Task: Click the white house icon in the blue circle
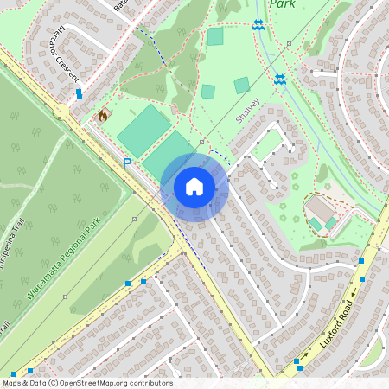pyautogui.click(x=194, y=187)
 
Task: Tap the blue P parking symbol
pyautogui.click(x=127, y=163)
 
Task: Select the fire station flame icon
pyautogui.click(x=103, y=114)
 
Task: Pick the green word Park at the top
pyautogui.click(x=283, y=4)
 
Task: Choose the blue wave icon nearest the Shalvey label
pyautogui.click(x=279, y=79)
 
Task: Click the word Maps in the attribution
pyautogui.click(x=12, y=383)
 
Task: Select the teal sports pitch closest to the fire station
pyautogui.click(x=143, y=131)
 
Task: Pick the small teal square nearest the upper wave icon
pyautogui.click(x=215, y=36)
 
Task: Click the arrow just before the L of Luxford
pyautogui.click(x=304, y=354)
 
